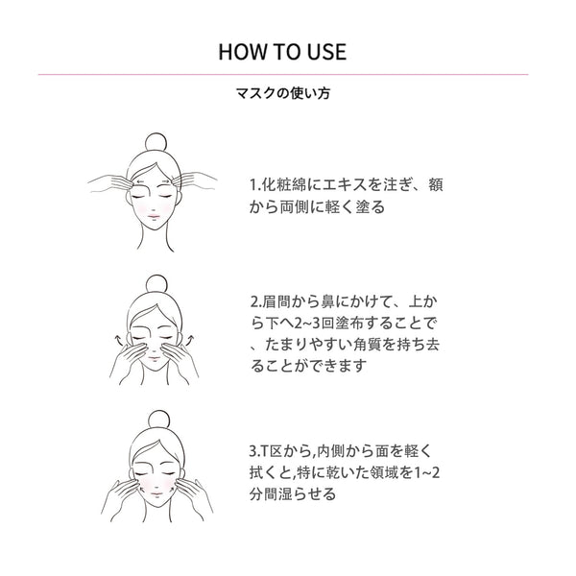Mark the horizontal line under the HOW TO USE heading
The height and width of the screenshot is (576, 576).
coord(282,74)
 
